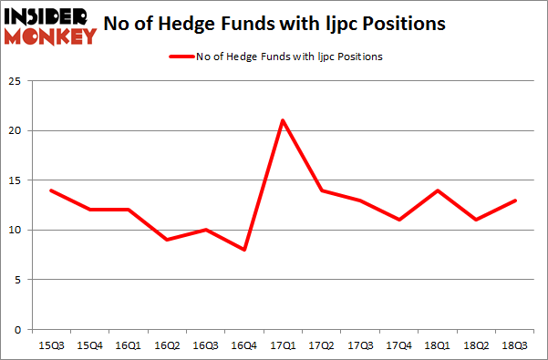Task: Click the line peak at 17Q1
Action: pyautogui.click(x=284, y=120)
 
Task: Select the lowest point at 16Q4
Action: pyautogui.click(x=245, y=249)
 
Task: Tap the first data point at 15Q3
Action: pyautogui.click(x=52, y=190)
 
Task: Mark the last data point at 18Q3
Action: pyautogui.click(x=515, y=200)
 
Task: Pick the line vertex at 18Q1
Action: pyautogui.click(x=438, y=190)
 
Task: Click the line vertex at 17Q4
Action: pyautogui.click(x=399, y=220)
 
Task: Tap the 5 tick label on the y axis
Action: pyautogui.click(x=23, y=279)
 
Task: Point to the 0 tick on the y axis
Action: pyautogui.click(x=23, y=328)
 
